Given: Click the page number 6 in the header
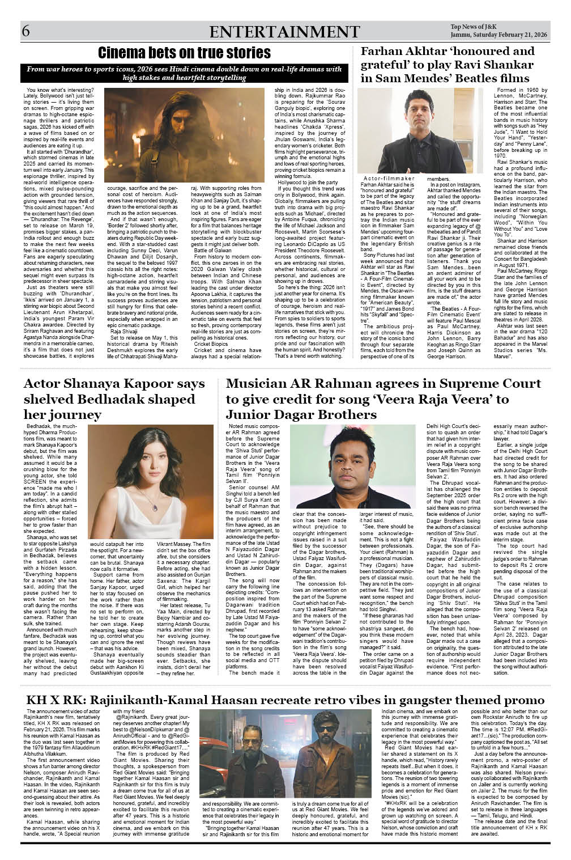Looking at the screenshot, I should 26,32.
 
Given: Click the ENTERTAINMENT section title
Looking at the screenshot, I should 284,32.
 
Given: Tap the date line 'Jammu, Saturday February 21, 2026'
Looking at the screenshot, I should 498,36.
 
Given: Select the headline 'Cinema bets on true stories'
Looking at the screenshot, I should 184,53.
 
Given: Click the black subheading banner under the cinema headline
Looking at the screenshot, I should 184,73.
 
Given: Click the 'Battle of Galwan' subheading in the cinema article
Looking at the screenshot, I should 212,250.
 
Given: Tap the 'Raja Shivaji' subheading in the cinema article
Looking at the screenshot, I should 124,331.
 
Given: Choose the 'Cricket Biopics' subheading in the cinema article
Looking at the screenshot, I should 211,344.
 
